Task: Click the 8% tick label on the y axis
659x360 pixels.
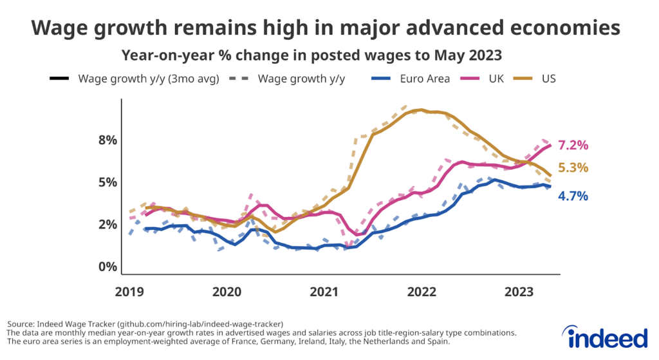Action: pyautogui.click(x=102, y=140)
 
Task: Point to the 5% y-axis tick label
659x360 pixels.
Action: pyautogui.click(x=102, y=182)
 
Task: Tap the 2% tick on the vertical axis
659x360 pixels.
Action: pyautogui.click(x=102, y=224)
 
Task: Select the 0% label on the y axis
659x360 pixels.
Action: pyautogui.click(x=102, y=267)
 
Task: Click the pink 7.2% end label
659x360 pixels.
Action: pyautogui.click(x=573, y=145)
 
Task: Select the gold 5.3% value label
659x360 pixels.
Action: pyautogui.click(x=573, y=167)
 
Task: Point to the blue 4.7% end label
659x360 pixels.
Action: pyautogui.click(x=573, y=196)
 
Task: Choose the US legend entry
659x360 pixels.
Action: pyautogui.click(x=548, y=79)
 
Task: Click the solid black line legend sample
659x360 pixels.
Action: pyautogui.click(x=60, y=80)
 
